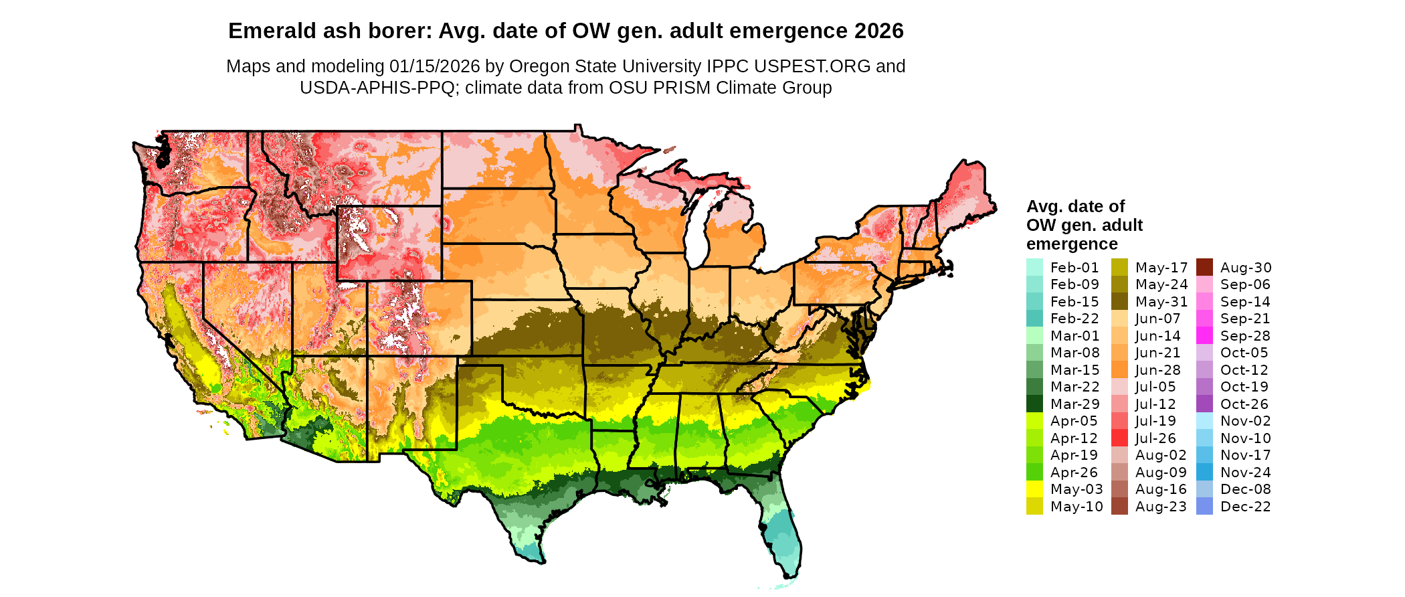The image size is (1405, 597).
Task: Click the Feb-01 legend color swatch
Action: (1034, 268)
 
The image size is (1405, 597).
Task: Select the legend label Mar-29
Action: (1074, 404)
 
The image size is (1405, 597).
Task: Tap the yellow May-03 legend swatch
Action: (1034, 489)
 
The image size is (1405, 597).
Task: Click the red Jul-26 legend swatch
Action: (1119, 438)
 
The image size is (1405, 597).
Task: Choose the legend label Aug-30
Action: (1246, 268)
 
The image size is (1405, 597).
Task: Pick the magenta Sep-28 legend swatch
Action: (1204, 336)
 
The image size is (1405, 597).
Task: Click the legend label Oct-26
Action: (1244, 404)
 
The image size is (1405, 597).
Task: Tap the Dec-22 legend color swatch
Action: (1204, 507)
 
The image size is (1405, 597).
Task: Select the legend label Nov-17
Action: (1245, 455)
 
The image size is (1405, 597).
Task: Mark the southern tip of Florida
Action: (787, 574)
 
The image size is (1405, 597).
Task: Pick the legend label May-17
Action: (1161, 268)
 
